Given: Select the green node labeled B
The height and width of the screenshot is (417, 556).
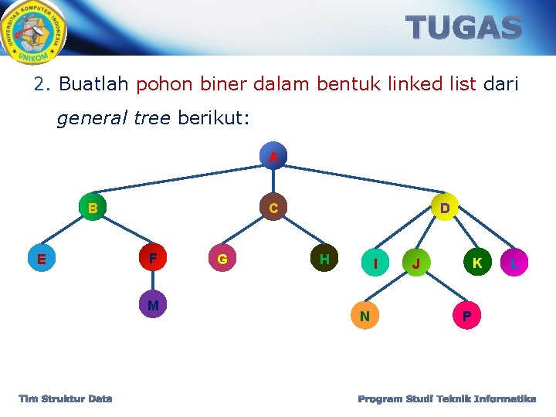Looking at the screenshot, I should tap(92, 208).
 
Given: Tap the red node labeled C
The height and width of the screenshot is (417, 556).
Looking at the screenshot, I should tap(273, 208).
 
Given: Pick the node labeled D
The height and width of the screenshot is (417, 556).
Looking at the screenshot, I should tap(445, 207).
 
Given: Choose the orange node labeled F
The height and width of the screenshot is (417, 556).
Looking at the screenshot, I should tap(153, 258).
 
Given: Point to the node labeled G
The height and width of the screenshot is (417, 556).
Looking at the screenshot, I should tap(222, 259).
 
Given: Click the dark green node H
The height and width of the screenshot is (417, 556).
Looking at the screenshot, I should tap(324, 259).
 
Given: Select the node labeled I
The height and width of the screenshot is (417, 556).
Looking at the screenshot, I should tap(375, 263).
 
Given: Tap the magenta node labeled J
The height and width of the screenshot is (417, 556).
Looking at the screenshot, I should tap(416, 263).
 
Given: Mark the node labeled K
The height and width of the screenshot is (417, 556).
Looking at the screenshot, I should tap(477, 263).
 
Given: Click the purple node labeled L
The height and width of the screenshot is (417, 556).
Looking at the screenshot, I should tap(514, 263).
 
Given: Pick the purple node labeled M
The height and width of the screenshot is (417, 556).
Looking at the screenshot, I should tap(153, 305).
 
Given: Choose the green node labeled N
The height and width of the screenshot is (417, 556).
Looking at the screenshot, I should tap(364, 315).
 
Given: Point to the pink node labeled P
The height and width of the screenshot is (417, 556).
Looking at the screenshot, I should tap(466, 316).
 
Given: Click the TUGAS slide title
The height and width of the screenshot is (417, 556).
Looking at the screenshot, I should tap(465, 29).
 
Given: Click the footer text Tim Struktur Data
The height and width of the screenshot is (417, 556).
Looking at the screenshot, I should tap(66, 398).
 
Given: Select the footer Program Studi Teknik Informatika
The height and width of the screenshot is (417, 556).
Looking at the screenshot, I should tap(447, 398).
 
